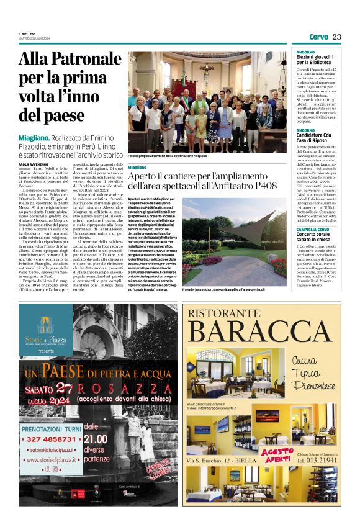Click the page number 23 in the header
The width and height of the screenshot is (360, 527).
[336, 37]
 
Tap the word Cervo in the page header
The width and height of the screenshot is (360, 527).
[318, 37]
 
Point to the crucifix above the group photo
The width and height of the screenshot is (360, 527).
[202, 66]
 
